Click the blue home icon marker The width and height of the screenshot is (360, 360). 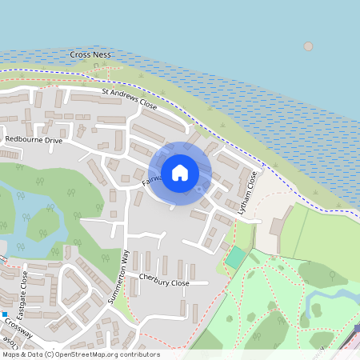pos(180,172)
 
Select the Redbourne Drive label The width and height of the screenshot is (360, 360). pos(33,140)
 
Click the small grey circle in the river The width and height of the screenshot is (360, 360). pos(308,46)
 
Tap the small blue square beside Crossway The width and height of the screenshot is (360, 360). pos(4,314)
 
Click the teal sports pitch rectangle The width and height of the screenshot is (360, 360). pos(235,258)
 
